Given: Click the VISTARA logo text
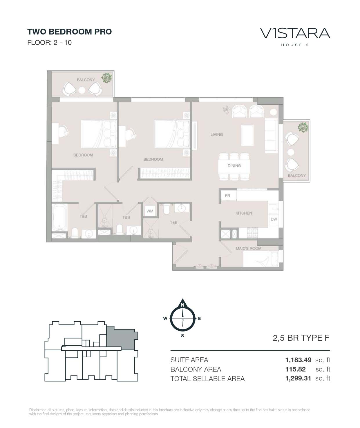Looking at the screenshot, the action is [295, 33].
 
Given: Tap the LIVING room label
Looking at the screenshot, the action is [216, 134].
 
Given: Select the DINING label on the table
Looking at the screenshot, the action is [234, 166].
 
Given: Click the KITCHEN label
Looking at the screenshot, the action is [244, 213].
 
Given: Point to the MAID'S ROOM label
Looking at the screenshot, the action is [249, 248].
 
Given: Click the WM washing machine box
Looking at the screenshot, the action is [150, 211].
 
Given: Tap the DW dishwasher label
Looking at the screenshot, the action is [274, 219].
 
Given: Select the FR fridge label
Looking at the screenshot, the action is [227, 196].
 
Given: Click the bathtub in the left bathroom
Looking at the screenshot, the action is [59, 217].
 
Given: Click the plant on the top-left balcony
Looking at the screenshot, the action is [106, 78].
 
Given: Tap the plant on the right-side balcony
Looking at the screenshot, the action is [303, 127].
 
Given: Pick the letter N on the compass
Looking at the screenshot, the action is [182, 305].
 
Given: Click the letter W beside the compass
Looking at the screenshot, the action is [165, 318].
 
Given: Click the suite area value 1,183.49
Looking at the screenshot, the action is [298, 360].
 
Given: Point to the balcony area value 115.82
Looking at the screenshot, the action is [295, 369].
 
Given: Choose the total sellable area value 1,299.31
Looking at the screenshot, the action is [298, 378].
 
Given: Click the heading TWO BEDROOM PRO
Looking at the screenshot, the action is [70, 32].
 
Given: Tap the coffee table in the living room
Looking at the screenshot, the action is [247, 135].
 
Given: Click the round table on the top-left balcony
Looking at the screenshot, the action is [82, 90].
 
